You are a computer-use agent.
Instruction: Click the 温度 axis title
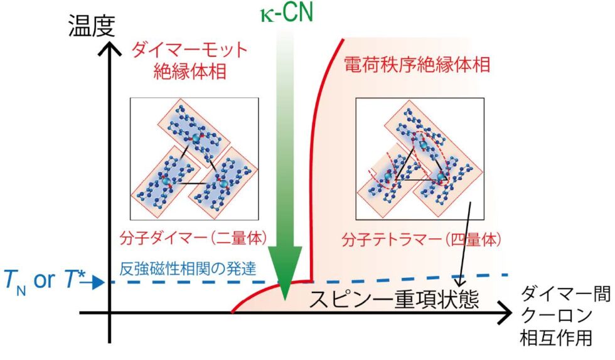pos(92,26)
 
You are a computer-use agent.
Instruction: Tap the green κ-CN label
pos(287,13)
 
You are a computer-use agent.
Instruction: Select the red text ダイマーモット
pos(190,51)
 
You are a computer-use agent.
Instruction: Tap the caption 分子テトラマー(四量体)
pos(421,239)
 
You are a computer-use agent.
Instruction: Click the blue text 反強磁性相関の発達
pos(188,268)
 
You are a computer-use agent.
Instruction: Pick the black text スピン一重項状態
pos(394,300)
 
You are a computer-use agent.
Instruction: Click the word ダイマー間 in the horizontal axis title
pos(565,294)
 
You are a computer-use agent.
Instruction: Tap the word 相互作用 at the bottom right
pos(556,338)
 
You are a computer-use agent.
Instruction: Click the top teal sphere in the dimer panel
pos(196,139)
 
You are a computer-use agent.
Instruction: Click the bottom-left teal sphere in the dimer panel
pos(167,181)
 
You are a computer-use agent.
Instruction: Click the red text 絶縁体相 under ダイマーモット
pos(190,72)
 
